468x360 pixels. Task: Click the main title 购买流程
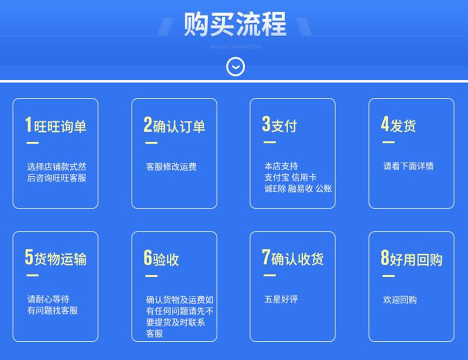pyautogui.click(x=234, y=24)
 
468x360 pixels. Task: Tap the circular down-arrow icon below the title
pyautogui.click(x=235, y=67)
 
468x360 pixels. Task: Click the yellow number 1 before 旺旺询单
pyautogui.click(x=29, y=125)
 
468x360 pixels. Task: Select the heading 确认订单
pyautogui.click(x=179, y=126)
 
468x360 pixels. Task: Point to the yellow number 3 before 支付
pyautogui.click(x=266, y=125)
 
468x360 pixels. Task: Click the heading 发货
pyautogui.click(x=403, y=125)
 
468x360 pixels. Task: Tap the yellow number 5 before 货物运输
pyautogui.click(x=29, y=258)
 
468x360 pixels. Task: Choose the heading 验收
pyautogui.click(x=166, y=259)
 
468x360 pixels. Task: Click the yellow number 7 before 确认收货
pyautogui.click(x=266, y=258)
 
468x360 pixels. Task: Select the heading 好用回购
pyautogui.click(x=417, y=259)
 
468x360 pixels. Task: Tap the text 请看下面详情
pyautogui.click(x=408, y=166)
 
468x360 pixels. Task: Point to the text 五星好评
pyautogui.click(x=281, y=300)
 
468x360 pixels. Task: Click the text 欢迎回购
pyautogui.click(x=400, y=300)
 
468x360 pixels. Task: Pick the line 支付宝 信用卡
pyautogui.click(x=290, y=178)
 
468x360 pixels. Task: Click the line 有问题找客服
pyautogui.click(x=52, y=310)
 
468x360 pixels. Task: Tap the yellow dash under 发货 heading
pyautogui.click(x=388, y=142)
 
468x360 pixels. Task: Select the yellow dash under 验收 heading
pyautogui.click(x=151, y=276)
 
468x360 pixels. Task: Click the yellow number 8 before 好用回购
pyautogui.click(x=385, y=258)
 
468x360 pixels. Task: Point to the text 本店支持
pyautogui.click(x=281, y=166)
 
